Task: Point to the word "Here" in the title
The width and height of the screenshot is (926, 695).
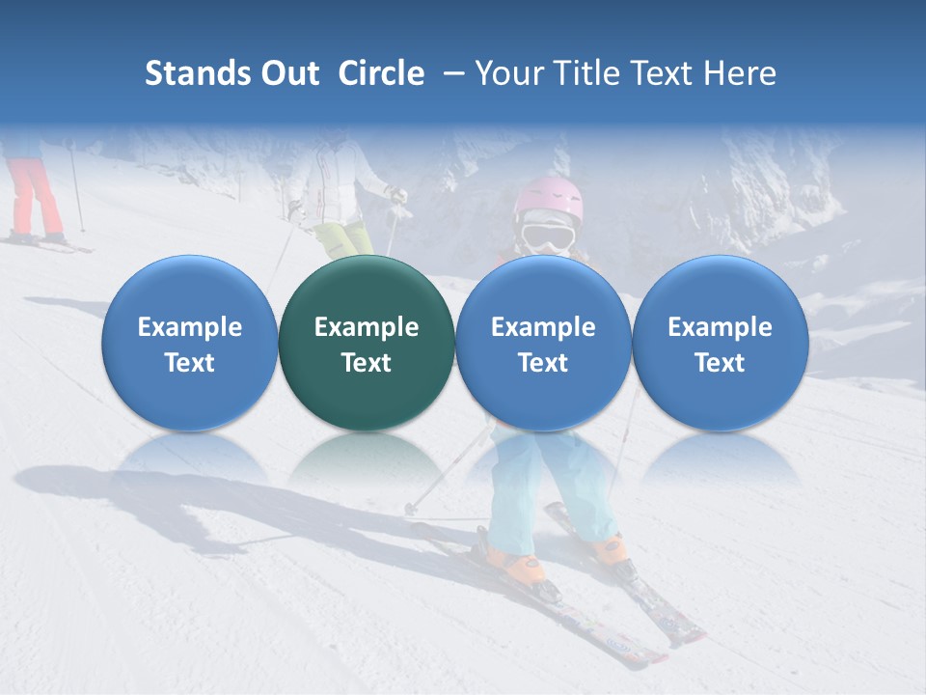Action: pyautogui.click(x=741, y=73)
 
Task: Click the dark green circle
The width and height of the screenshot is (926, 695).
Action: pyautogui.click(x=367, y=343)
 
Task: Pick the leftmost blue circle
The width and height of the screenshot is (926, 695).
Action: pyautogui.click(x=190, y=343)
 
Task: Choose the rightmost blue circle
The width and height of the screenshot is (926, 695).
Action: pyautogui.click(x=720, y=343)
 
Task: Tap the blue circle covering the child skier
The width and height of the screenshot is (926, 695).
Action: pyautogui.click(x=543, y=343)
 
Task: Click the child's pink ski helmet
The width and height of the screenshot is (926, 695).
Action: pyautogui.click(x=548, y=199)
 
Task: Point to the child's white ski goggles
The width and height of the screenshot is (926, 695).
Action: pyautogui.click(x=548, y=236)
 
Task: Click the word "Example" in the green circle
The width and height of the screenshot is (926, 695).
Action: pyautogui.click(x=367, y=327)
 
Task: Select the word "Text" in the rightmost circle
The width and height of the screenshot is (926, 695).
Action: pyautogui.click(x=720, y=363)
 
